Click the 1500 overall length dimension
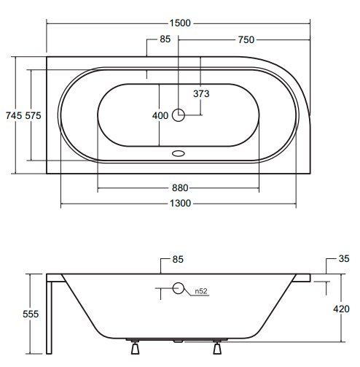(180, 23)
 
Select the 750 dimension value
(246, 39)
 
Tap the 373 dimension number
(201, 93)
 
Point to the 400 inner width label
(160, 115)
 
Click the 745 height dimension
(14, 115)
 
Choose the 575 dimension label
(34, 115)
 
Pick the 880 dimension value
(180, 188)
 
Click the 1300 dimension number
(180, 203)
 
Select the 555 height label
(31, 314)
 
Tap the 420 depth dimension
(341, 309)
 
